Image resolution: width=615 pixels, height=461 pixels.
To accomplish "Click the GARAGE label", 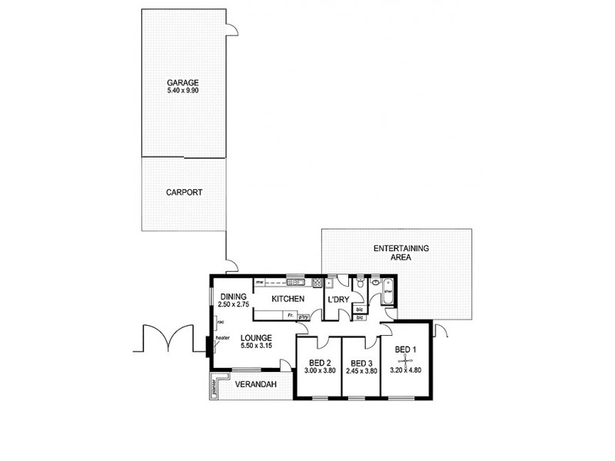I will [184, 82].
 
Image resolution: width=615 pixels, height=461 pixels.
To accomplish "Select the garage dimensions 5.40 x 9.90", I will [184, 91].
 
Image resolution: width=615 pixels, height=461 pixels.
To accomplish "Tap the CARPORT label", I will [184, 193].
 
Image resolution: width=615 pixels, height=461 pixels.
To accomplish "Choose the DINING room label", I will [232, 297].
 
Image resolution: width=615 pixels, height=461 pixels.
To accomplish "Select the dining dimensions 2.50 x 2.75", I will [232, 305].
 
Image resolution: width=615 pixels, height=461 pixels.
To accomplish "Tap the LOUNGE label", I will [254, 337].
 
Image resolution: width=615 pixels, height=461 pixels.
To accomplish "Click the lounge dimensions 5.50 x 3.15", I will [254, 347].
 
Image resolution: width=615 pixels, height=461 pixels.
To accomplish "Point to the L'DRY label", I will [338, 299].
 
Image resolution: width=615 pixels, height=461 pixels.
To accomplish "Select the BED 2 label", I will [318, 363].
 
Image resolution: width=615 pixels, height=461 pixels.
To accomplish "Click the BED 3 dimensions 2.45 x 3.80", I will [361, 372].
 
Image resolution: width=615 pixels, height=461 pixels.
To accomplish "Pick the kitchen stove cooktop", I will [316, 283].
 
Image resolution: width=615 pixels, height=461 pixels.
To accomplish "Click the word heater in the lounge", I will [223, 338].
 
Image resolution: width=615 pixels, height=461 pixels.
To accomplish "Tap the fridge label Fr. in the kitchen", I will [290, 315].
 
